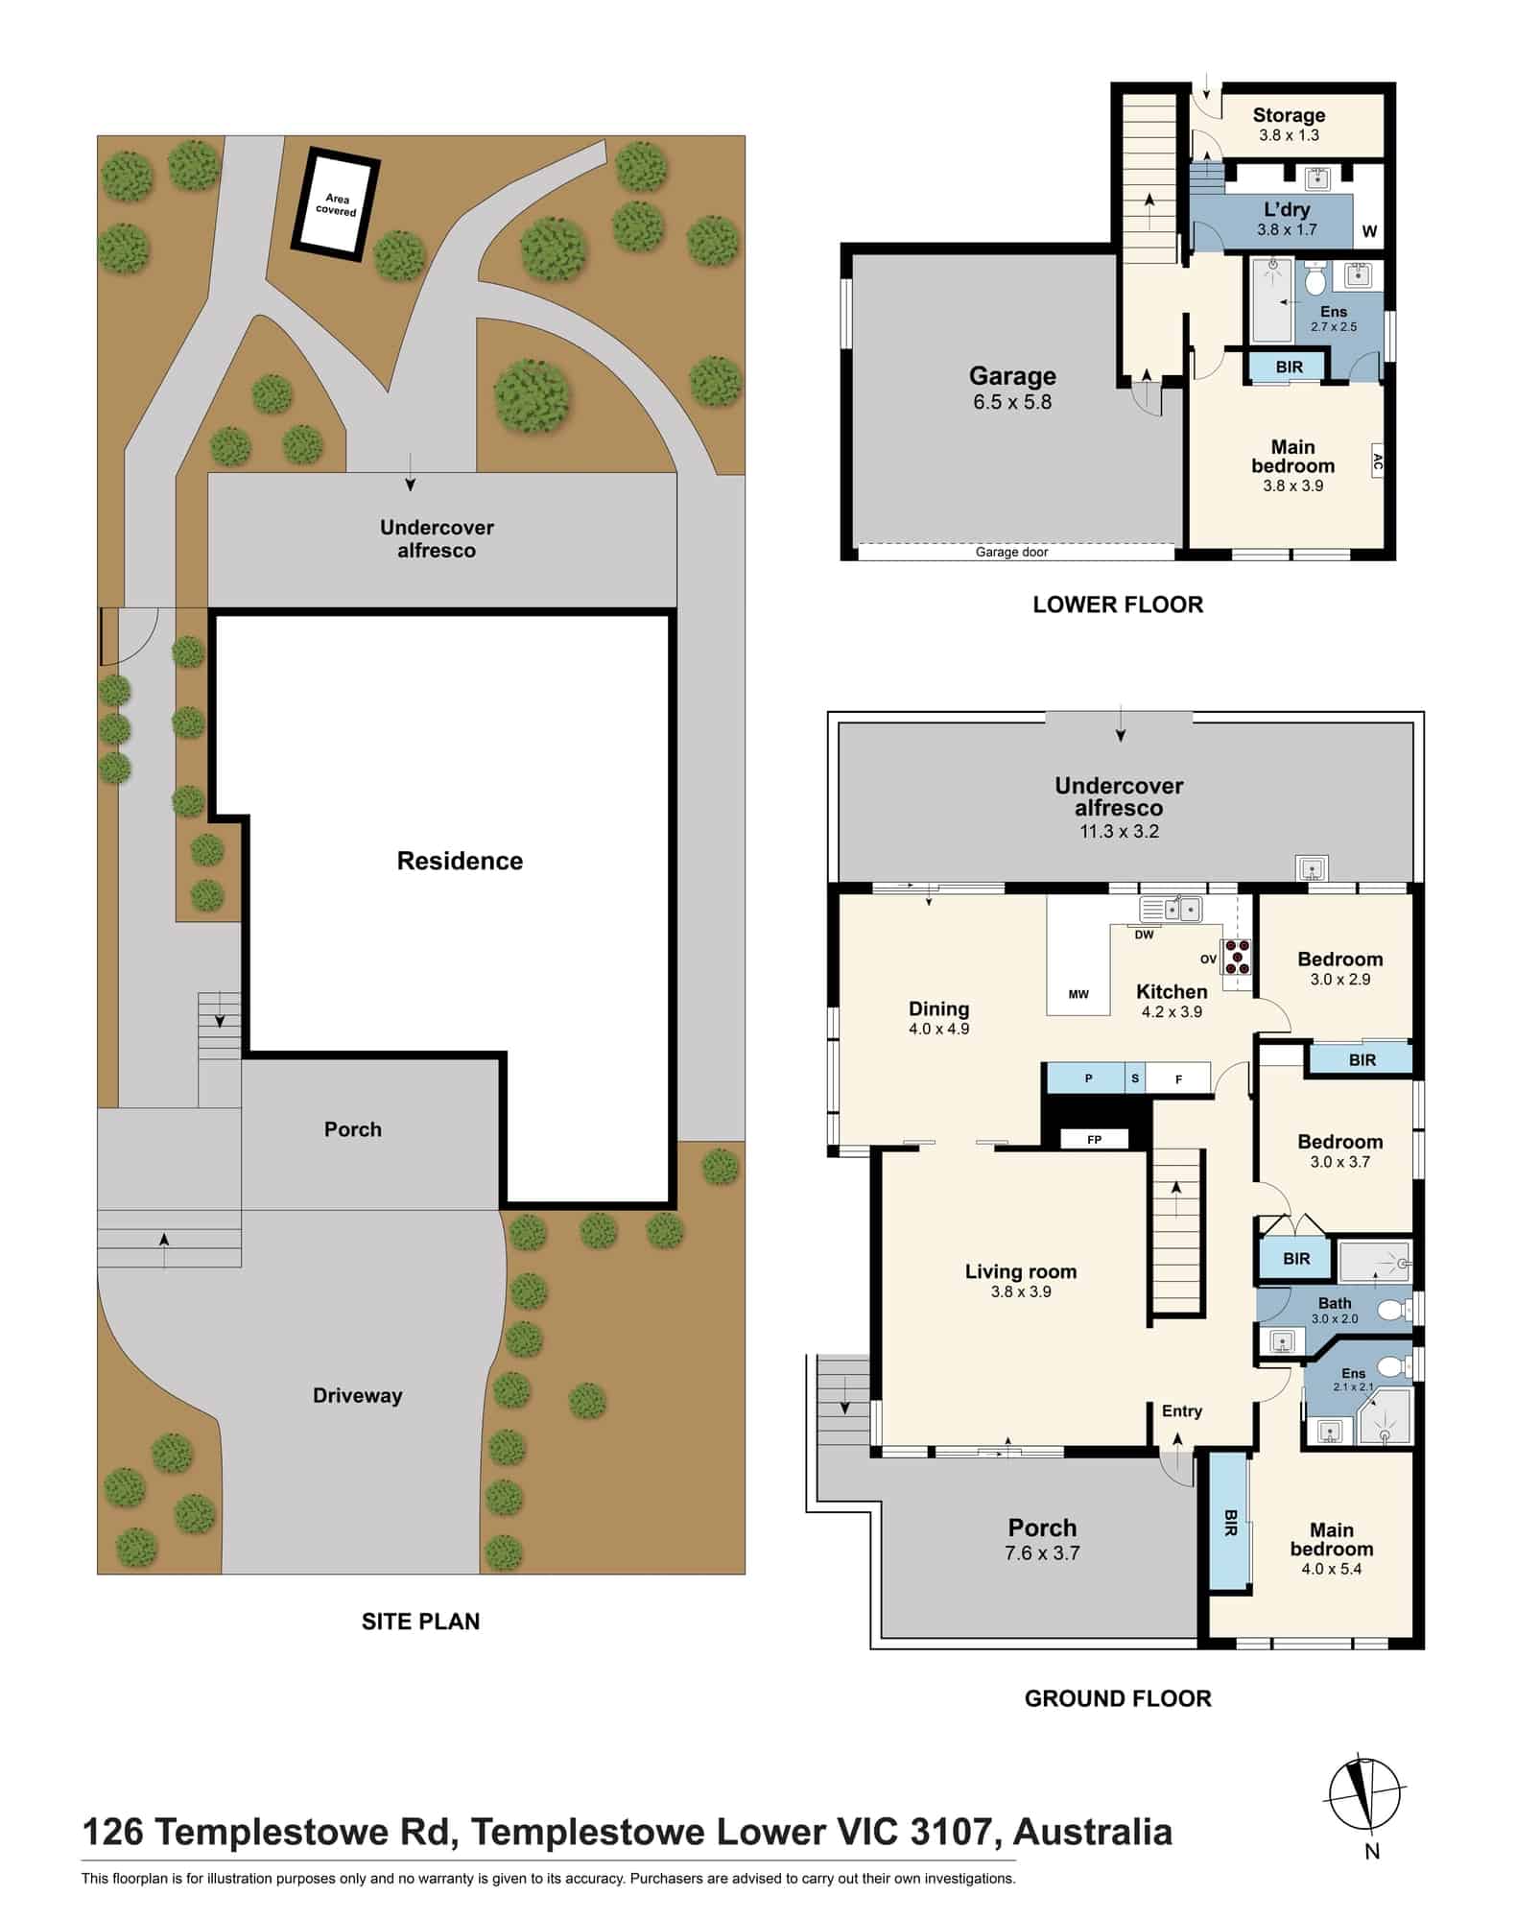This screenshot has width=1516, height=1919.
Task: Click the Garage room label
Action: tap(1012, 376)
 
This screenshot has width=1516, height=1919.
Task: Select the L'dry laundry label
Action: tap(1287, 209)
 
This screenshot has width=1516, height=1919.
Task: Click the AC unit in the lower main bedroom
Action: tap(1377, 464)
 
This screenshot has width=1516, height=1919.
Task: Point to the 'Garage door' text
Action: tap(1011, 552)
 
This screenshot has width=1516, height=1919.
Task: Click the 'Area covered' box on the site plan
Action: tap(336, 204)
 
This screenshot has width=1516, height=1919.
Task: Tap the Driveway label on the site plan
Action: tap(357, 1396)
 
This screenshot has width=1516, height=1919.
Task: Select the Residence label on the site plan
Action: tap(460, 861)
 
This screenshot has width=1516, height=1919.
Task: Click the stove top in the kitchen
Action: tap(1236, 957)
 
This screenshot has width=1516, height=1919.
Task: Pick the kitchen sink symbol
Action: tap(1171, 908)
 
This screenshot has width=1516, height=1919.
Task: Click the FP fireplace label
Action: tap(1094, 1140)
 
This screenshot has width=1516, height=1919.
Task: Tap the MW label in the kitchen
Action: tap(1078, 994)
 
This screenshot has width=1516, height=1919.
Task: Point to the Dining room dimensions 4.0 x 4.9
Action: tap(938, 1029)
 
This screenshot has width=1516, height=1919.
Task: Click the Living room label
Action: tap(1021, 1271)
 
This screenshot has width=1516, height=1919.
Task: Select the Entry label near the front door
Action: tap(1181, 1410)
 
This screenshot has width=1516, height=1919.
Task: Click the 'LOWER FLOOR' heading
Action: tap(1118, 604)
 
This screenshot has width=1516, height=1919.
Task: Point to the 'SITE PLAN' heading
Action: tap(420, 1622)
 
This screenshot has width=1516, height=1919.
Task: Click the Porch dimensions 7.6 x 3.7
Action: tap(1042, 1553)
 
